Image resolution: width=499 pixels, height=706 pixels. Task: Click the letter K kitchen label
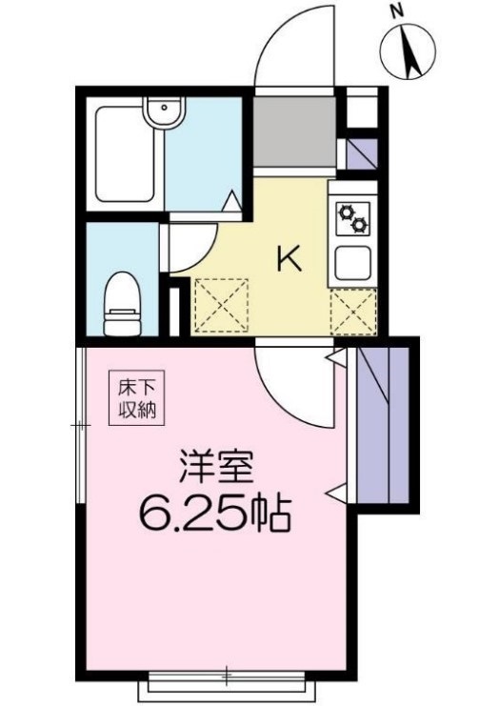pyautogui.click(x=289, y=257)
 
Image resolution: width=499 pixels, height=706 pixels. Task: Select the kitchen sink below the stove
pyautogui.click(x=352, y=262)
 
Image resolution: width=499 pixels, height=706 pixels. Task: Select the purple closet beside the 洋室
pyautogui.click(x=385, y=425)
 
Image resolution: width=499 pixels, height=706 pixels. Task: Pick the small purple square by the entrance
pyautogui.click(x=361, y=152)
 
